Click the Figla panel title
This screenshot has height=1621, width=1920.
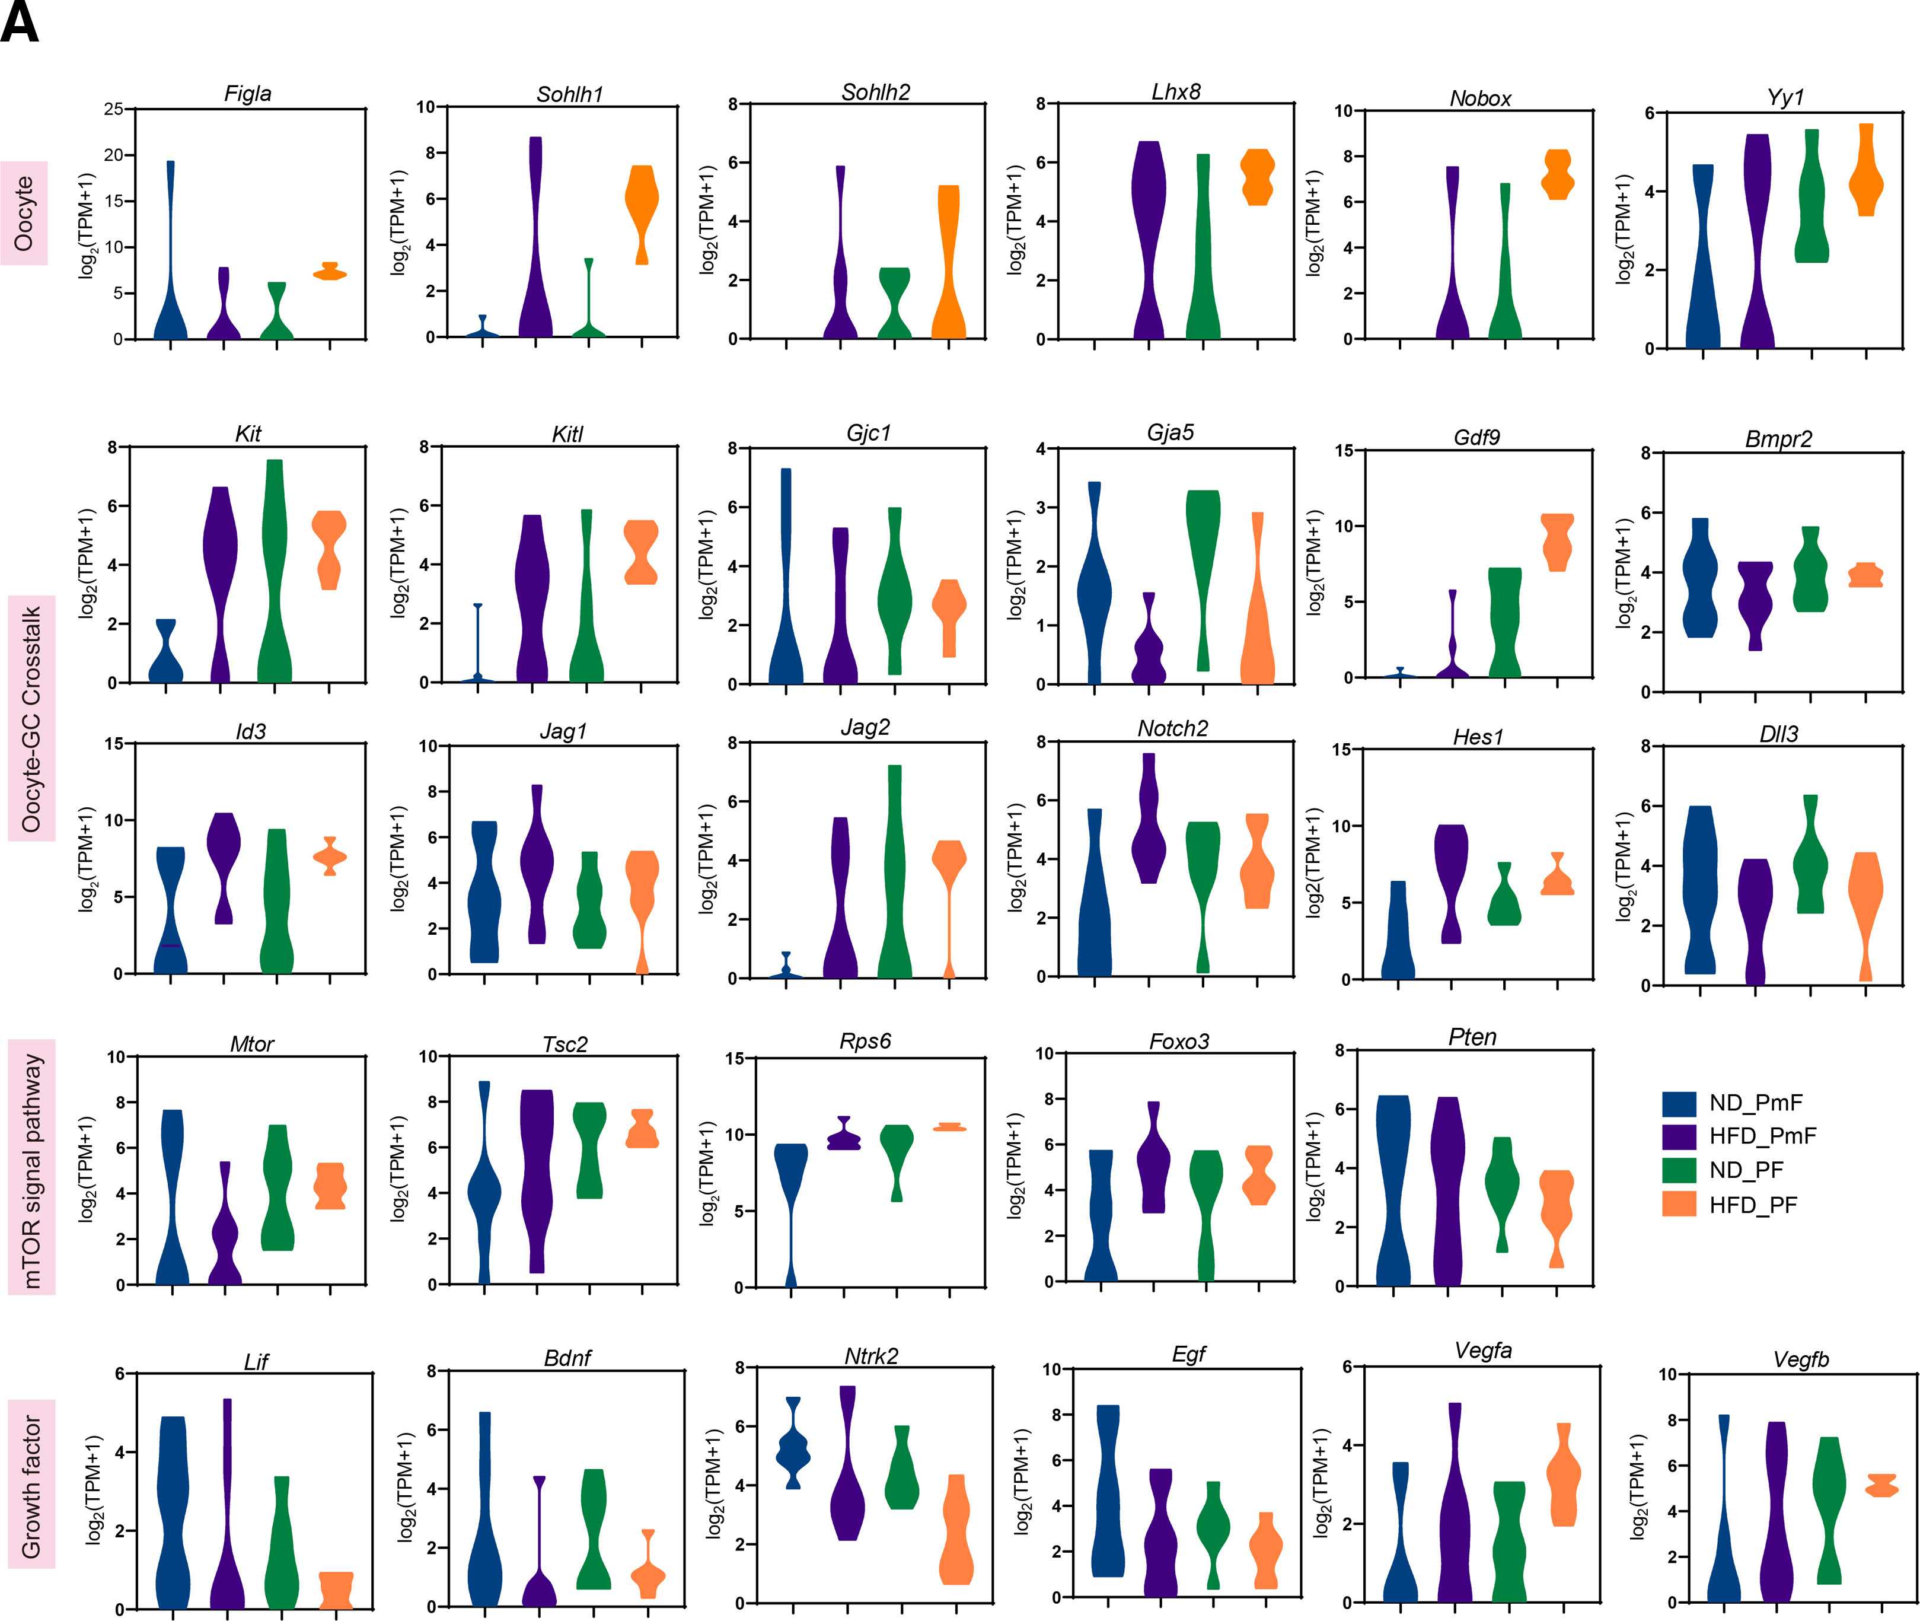click(247, 94)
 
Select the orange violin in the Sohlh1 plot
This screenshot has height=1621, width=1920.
click(641, 202)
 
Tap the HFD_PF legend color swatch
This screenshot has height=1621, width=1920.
click(1679, 1204)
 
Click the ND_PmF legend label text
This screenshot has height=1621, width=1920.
click(1756, 1103)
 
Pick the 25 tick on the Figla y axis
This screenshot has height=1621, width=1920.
click(113, 109)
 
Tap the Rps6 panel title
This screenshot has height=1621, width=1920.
click(865, 1041)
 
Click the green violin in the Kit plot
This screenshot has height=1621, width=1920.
click(275, 570)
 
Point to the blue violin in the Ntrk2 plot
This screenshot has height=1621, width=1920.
click(793, 1453)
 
